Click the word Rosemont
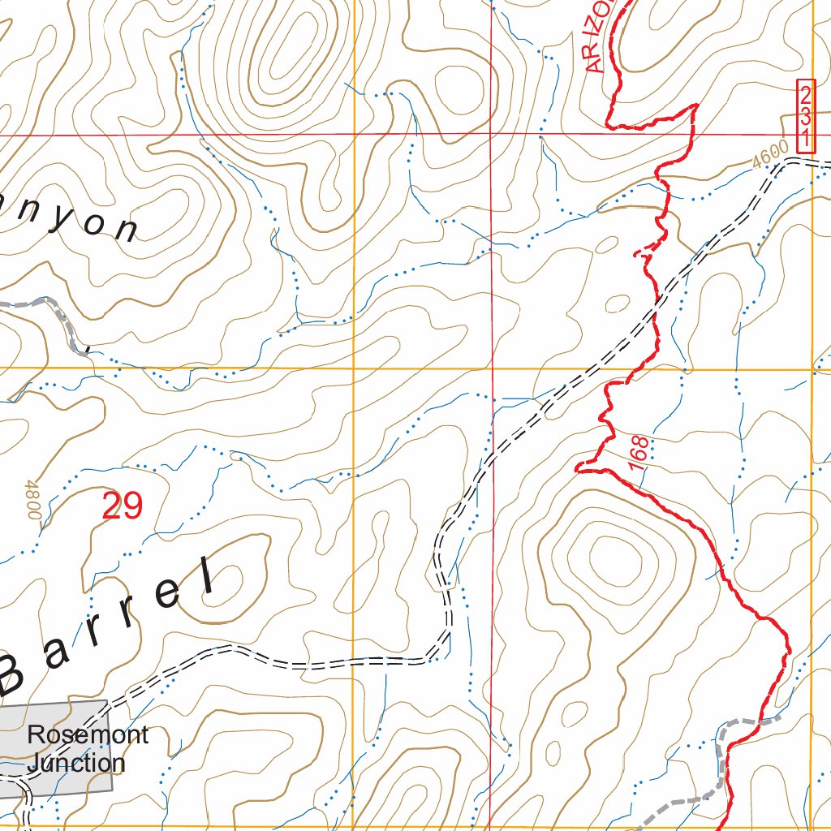click(88, 735)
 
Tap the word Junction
click(75, 763)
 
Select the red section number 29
click(123, 506)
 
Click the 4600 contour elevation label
click(769, 154)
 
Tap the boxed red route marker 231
click(805, 116)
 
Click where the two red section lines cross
click(492, 135)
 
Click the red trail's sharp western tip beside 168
click(577, 467)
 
